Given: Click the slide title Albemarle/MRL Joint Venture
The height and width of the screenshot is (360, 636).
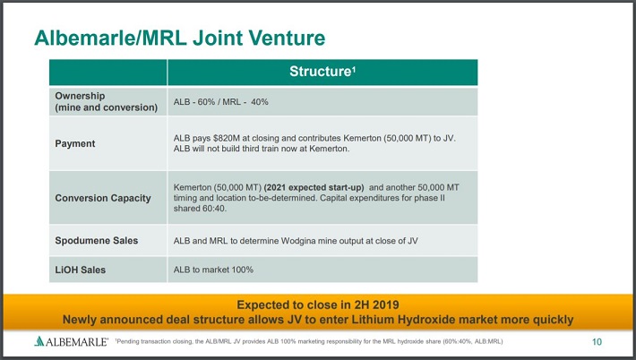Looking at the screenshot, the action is tap(180, 38).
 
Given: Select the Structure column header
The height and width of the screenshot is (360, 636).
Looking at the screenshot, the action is tap(322, 72).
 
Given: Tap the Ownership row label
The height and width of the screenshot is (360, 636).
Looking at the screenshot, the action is tap(107, 101).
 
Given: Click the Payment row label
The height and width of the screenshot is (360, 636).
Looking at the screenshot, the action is tap(75, 143).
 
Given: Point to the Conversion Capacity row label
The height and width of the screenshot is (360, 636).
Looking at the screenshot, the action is tap(103, 198).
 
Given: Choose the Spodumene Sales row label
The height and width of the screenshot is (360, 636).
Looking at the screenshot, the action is tap(97, 240).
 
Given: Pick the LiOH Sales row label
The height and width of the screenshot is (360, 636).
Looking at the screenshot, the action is tap(81, 270).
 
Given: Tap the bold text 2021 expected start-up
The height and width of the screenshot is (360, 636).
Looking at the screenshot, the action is tap(314, 188).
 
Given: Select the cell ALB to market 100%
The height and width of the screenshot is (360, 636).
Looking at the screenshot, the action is tap(213, 270).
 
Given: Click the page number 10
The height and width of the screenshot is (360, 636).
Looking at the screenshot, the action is tap(597, 342).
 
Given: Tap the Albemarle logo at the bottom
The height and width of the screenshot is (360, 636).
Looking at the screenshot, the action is tap(72, 341).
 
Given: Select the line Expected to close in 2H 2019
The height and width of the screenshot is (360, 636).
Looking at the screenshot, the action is tap(318, 304).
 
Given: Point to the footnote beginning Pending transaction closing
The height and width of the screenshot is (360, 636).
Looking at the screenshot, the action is tap(309, 341).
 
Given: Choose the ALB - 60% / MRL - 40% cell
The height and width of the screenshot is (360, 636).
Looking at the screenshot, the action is tap(221, 102).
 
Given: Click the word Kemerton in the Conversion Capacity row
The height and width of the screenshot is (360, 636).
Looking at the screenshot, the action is tap(192, 188).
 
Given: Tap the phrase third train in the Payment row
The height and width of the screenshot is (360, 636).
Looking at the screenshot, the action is tap(260, 149).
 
